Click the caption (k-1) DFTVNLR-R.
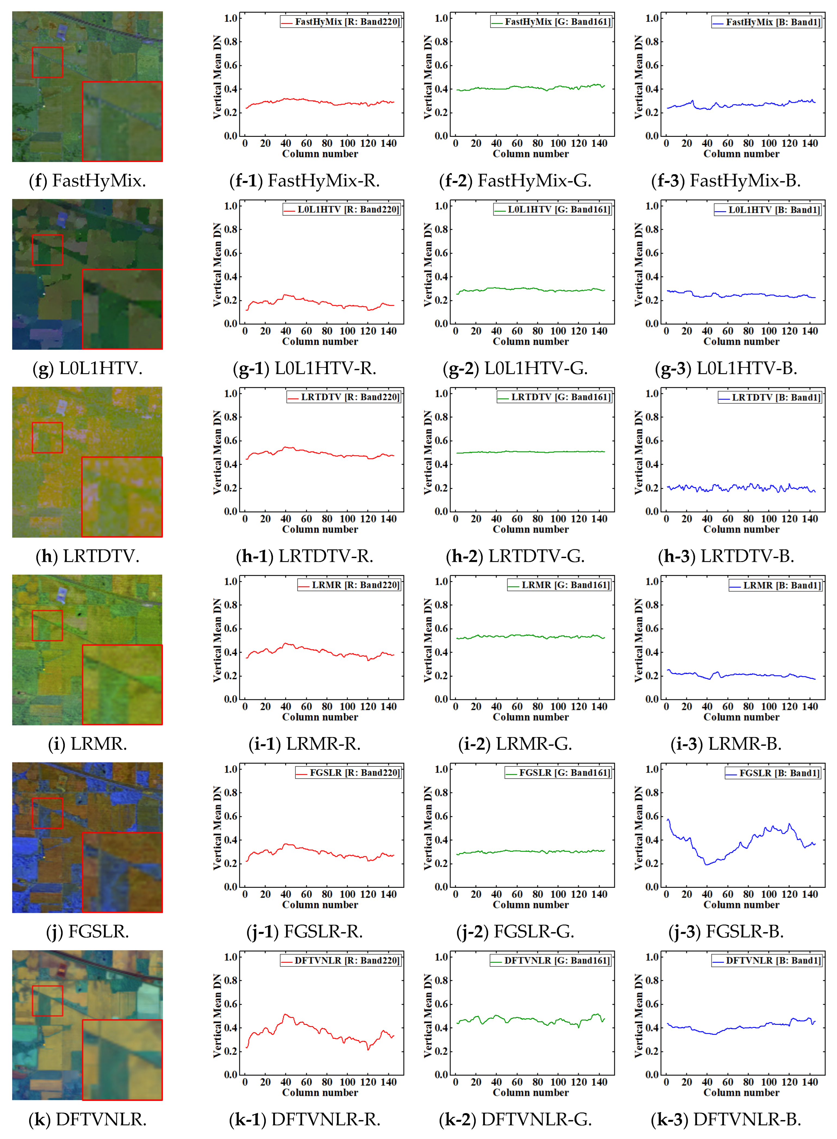tap(305, 1119)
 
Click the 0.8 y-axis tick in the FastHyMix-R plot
tap(231, 42)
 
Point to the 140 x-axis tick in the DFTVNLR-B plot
tap(810, 1082)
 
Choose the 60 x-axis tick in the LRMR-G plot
tap(517, 707)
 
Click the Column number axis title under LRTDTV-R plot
tap(320, 529)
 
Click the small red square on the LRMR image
tap(47, 625)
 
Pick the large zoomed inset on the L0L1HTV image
tap(122, 309)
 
